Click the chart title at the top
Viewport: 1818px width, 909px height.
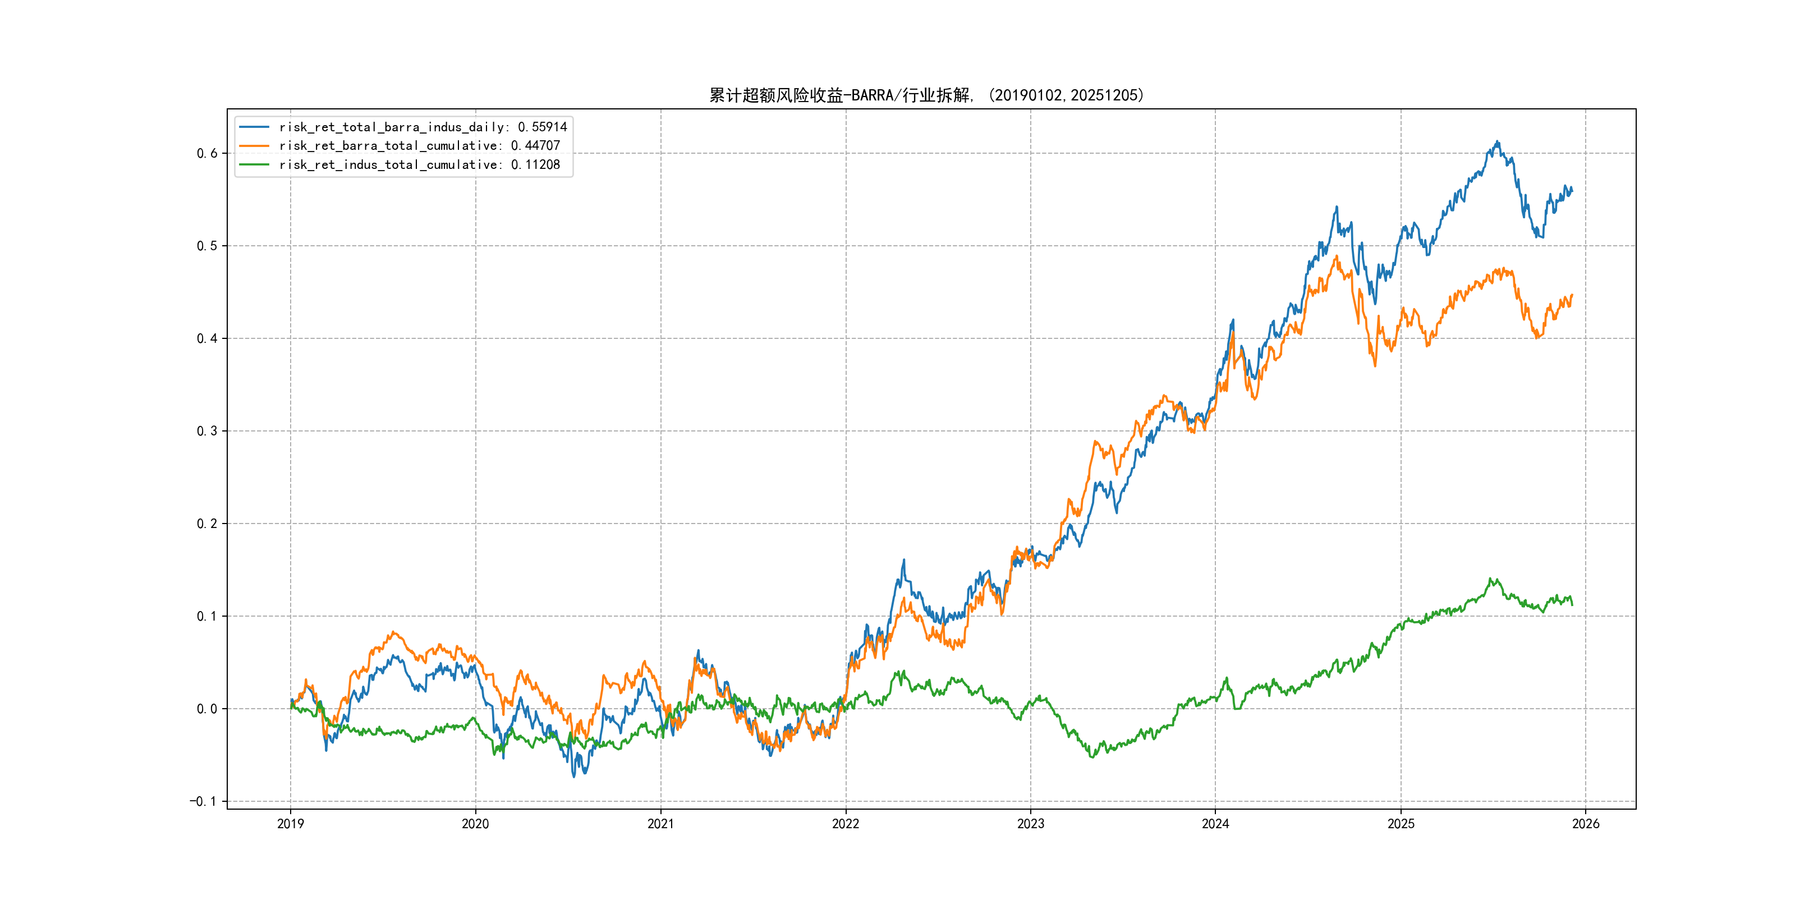(926, 95)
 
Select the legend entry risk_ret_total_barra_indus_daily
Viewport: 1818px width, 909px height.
(422, 127)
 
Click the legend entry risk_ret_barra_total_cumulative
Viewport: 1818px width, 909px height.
(419, 145)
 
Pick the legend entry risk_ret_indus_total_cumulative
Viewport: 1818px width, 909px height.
(419, 164)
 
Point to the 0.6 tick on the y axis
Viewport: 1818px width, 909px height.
(207, 153)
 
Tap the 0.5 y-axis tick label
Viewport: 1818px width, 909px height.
(207, 246)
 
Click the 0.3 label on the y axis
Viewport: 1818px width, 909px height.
(207, 430)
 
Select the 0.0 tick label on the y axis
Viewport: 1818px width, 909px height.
(207, 709)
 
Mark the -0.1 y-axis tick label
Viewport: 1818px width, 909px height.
(203, 801)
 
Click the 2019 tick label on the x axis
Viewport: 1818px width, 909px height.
(290, 824)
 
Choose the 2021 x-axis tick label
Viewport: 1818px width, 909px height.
(660, 824)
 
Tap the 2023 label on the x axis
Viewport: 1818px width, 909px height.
(1030, 824)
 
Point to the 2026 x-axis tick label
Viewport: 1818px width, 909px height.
(1585, 824)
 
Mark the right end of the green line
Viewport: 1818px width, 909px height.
(1572, 605)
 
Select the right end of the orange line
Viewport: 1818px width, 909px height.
(1572, 295)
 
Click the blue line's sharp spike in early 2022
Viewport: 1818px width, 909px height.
(904, 561)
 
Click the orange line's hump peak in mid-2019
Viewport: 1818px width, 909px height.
(394, 632)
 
